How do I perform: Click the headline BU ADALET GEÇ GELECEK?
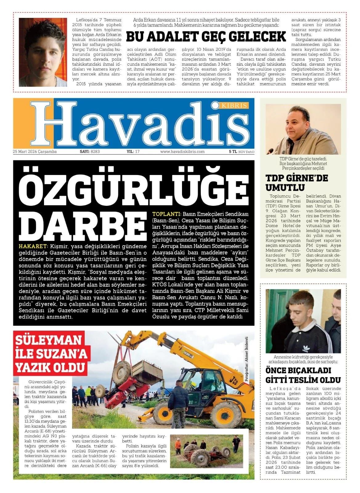(206, 37)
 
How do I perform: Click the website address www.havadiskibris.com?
(182, 152)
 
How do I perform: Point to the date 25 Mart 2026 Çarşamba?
(35, 152)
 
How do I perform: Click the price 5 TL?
(233, 152)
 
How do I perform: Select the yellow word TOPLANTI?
(166, 214)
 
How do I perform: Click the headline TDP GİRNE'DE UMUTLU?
(293, 182)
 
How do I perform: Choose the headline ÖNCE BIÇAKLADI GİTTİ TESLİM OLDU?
(303, 375)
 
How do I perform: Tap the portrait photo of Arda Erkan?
(43, 52)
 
